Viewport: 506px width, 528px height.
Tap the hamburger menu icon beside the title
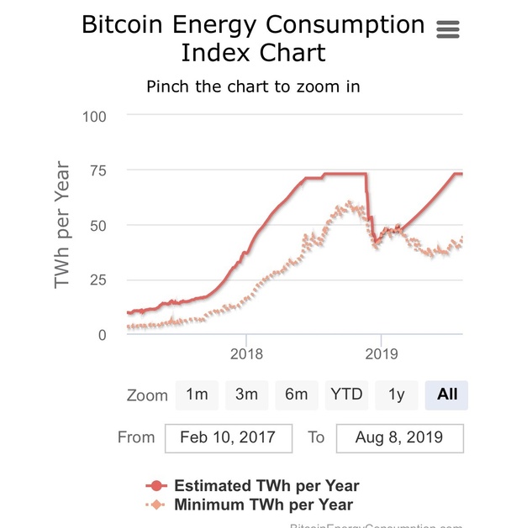click(449, 29)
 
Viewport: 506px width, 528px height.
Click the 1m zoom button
click(197, 394)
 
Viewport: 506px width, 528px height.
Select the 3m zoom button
click(246, 394)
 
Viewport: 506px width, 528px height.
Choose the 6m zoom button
click(296, 394)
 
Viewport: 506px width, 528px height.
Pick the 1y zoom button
click(396, 394)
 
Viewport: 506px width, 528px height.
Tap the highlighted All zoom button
click(446, 394)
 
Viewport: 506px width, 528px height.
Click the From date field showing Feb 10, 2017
click(229, 437)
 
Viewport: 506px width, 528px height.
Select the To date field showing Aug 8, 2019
click(398, 437)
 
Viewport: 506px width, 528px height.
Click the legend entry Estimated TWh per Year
click(266, 486)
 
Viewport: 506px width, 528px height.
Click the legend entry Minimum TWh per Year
click(262, 504)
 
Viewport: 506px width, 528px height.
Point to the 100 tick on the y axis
click(94, 116)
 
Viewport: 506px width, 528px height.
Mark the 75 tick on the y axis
click(98, 170)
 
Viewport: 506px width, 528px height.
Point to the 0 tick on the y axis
click(103, 335)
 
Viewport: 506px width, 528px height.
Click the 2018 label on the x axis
click(245, 354)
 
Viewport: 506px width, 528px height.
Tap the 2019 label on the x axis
click(381, 354)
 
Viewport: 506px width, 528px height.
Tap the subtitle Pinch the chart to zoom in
click(253, 86)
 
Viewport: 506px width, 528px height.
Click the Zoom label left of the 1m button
click(147, 395)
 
